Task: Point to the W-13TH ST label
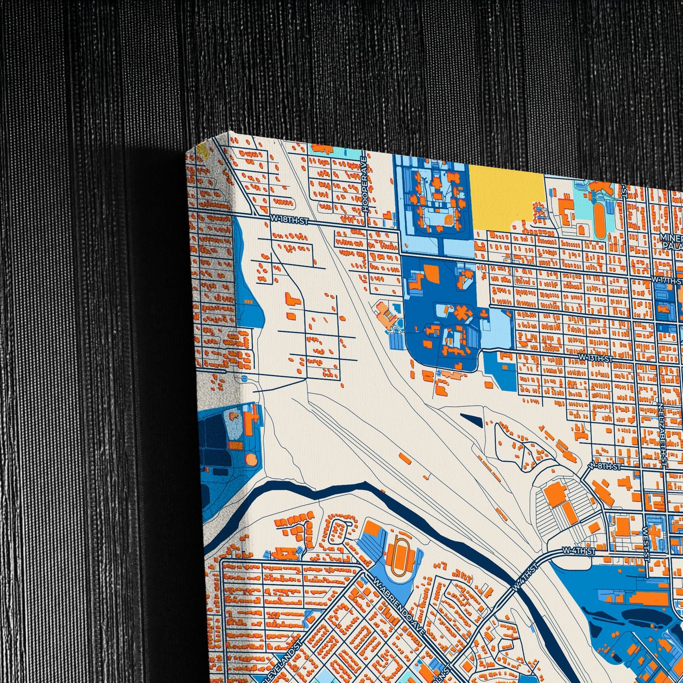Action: (x=596, y=358)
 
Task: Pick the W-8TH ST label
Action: (x=605, y=467)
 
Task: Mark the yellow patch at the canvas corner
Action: (x=202, y=150)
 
